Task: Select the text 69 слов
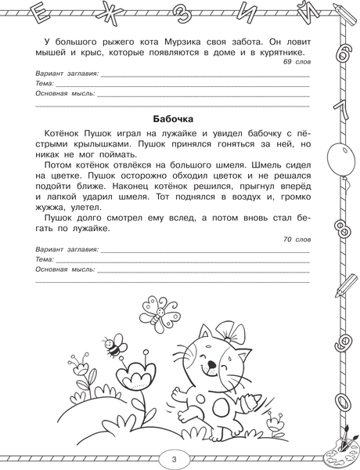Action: click(x=293, y=61)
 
